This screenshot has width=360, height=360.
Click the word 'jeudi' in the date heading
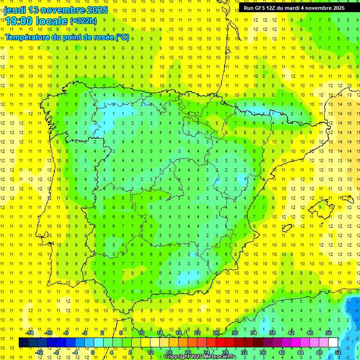click(x=15, y=10)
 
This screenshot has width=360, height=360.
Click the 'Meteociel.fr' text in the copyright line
click(x=220, y=357)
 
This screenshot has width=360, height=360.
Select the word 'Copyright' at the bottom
click(x=177, y=357)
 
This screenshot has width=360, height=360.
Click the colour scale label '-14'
click(x=30, y=333)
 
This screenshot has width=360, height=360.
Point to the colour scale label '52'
click(x=338, y=352)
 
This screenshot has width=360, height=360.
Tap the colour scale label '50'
click(x=329, y=333)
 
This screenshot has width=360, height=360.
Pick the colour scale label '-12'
click(x=39, y=352)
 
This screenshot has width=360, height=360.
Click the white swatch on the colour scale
click(x=333, y=343)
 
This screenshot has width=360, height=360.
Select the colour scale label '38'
click(x=272, y=333)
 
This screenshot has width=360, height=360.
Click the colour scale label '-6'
click(x=66, y=333)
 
